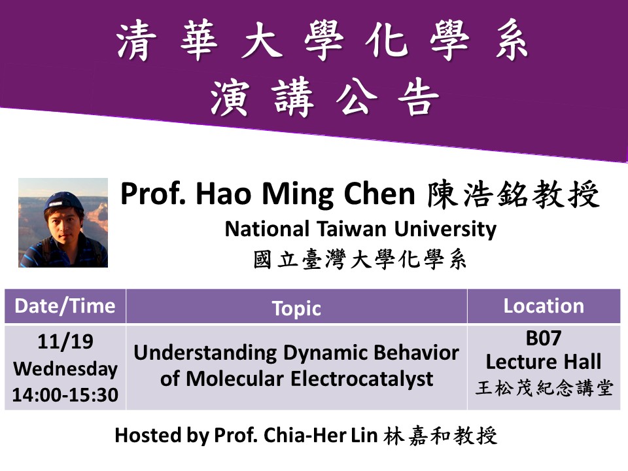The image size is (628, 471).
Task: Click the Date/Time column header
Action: click(x=65, y=306)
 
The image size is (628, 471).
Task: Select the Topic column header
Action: click(x=296, y=309)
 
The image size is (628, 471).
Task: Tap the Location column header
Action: click(x=544, y=306)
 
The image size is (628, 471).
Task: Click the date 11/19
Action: click(x=65, y=341)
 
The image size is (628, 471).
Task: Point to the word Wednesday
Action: click(x=65, y=369)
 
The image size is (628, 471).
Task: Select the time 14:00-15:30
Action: click(x=65, y=395)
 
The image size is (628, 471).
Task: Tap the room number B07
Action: click(x=544, y=338)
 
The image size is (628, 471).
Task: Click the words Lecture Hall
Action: click(x=544, y=362)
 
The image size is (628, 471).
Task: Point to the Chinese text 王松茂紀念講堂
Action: click(x=544, y=388)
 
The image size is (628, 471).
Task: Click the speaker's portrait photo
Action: click(x=63, y=222)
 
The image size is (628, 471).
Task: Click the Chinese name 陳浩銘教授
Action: click(x=514, y=194)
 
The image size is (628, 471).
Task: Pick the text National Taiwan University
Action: click(x=360, y=230)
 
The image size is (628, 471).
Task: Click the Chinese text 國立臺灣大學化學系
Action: click(x=360, y=259)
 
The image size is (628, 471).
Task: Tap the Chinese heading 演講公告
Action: click(x=325, y=97)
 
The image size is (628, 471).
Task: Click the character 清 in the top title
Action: click(x=136, y=41)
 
